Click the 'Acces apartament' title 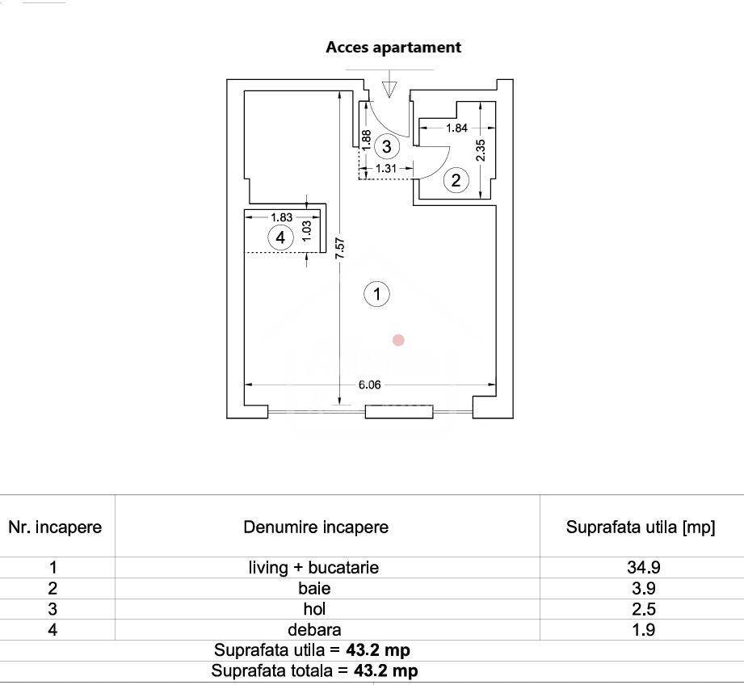point(393,48)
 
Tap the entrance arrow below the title point(389,86)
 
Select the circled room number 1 point(377,294)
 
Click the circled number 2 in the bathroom point(456,180)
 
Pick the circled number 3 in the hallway point(387,146)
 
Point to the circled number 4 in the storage point(280,237)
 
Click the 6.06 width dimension point(369,385)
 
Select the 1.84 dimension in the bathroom point(456,128)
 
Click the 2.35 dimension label point(480,150)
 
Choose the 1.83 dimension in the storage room point(281,216)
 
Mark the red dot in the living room point(398,340)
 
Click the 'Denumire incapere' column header point(316,527)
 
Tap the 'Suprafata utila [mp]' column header point(641,527)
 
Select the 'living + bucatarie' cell point(313,568)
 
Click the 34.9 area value point(643,568)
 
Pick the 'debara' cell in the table point(314,630)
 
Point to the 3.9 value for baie point(643,589)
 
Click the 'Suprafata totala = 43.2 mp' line point(314,670)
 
